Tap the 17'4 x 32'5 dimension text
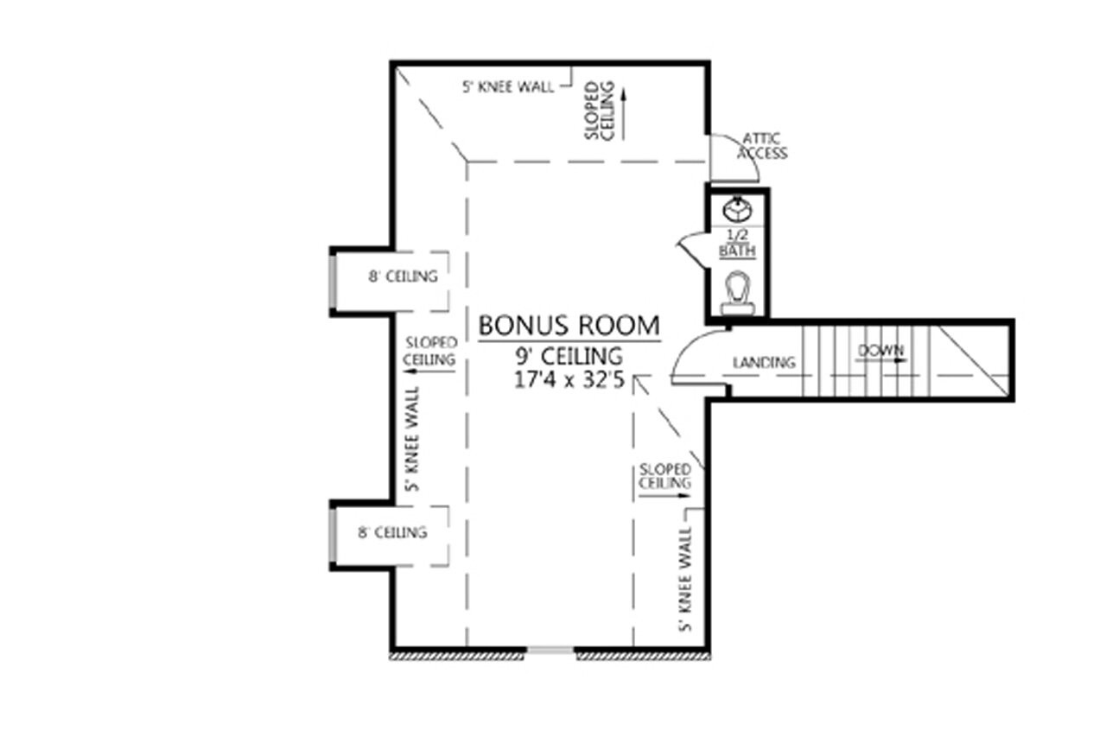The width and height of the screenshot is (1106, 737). (569, 381)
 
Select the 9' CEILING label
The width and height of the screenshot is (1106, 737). (569, 355)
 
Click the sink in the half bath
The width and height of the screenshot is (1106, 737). (737, 209)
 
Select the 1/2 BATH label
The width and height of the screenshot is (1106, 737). (737, 245)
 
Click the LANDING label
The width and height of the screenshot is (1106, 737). (763, 363)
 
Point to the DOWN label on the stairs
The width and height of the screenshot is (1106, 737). (880, 351)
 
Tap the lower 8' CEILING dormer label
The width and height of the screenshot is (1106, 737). (392, 532)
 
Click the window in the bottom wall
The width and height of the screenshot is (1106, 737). (550, 651)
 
